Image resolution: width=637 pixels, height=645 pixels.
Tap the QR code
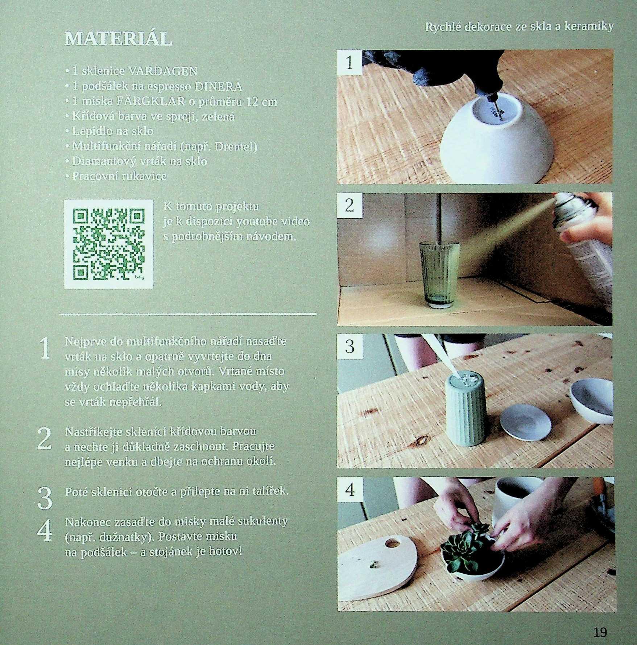109,244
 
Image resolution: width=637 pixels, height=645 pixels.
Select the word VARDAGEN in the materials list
163,71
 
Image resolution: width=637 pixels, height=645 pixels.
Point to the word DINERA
219,87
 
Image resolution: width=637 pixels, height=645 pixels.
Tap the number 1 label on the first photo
349,63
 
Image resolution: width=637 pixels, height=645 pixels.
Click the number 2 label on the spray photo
349,205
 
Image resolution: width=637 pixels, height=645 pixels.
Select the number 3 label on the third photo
349,346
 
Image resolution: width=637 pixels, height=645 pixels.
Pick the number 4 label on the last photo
349,490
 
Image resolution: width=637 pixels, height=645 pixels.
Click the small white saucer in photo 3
525,422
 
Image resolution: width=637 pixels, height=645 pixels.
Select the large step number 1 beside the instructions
45,349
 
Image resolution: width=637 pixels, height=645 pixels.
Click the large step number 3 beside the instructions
45,498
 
